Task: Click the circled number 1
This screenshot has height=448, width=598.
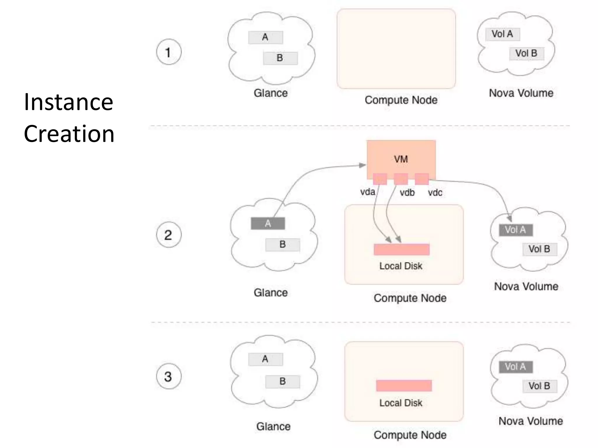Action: (x=168, y=52)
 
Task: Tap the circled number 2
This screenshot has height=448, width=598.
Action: (x=168, y=235)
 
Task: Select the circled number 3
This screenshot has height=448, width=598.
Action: (x=168, y=376)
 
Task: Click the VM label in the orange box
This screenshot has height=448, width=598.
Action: (x=401, y=159)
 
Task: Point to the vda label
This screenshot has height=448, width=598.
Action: (x=367, y=192)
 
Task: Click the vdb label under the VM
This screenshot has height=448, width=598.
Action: (x=407, y=192)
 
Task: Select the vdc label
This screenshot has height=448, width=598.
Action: (x=435, y=192)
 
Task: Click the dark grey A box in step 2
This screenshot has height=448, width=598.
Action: (x=268, y=223)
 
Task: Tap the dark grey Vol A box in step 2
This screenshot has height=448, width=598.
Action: (x=516, y=230)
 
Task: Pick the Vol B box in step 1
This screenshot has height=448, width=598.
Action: (x=526, y=54)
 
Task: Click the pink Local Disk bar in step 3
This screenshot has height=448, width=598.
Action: (x=404, y=386)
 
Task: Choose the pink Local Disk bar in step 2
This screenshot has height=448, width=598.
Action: (x=401, y=249)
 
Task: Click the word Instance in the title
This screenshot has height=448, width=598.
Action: (x=68, y=102)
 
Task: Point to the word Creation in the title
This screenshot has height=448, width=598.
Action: (x=69, y=134)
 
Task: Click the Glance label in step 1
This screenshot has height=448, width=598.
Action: (x=270, y=93)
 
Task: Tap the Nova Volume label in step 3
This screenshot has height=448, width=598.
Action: (x=530, y=421)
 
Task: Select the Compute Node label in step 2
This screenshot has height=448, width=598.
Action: (x=410, y=298)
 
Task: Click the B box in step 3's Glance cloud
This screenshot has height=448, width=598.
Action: (x=282, y=381)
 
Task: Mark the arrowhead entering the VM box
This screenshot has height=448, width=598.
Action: (x=363, y=165)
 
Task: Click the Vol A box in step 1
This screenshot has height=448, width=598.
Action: (x=503, y=34)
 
